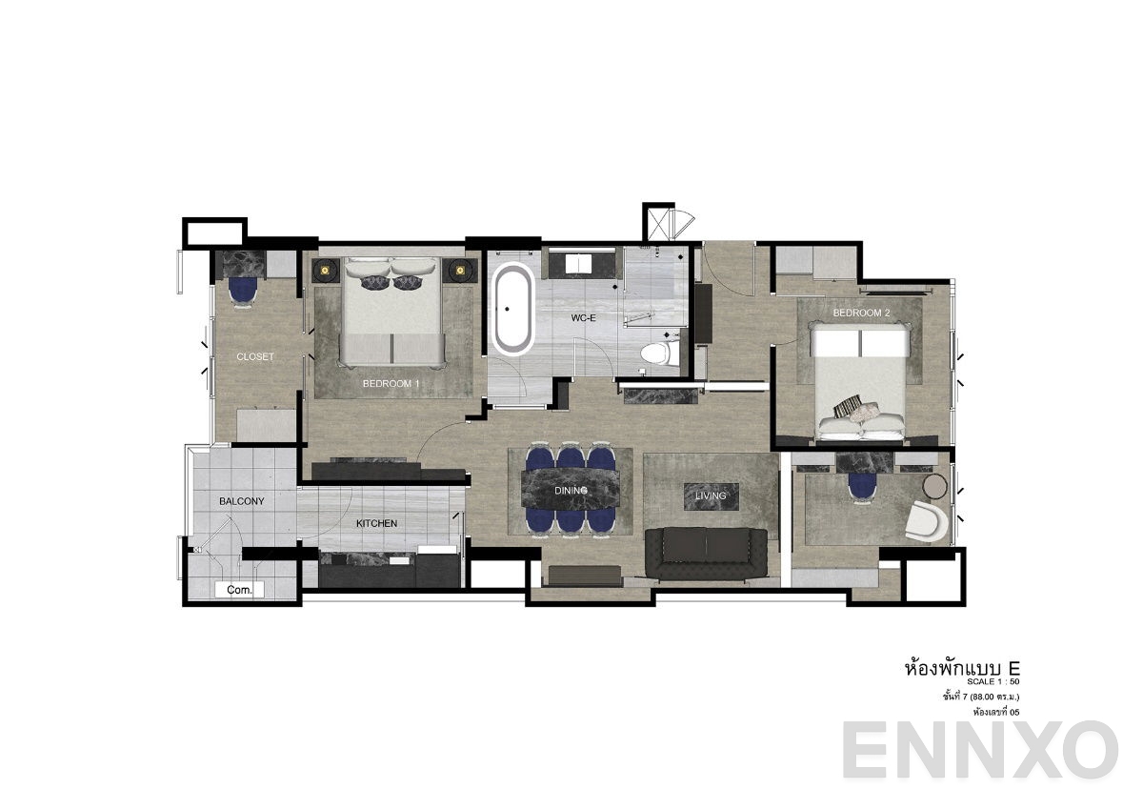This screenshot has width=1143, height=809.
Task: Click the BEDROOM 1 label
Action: point(391,383)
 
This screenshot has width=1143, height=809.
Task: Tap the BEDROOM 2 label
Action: point(861,313)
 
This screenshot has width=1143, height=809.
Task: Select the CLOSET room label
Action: point(255,357)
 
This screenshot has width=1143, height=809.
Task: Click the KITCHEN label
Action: point(377,523)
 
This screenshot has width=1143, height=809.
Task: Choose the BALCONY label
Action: point(242,501)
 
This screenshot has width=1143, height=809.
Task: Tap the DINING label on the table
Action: point(571,490)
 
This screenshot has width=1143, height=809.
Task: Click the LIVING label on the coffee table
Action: point(711,496)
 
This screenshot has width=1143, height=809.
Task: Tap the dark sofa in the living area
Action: point(706,553)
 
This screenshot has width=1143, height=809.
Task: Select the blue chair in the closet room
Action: point(244,289)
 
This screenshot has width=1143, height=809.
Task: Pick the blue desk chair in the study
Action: point(862,485)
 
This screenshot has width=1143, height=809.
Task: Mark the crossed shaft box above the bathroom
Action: point(658,225)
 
